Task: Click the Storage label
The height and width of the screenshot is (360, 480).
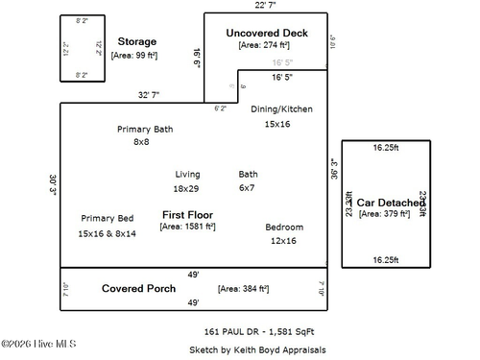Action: pyautogui.click(x=136, y=41)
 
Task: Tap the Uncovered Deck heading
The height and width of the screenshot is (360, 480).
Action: pyautogui.click(x=267, y=33)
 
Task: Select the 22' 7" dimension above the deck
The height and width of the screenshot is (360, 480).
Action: pyautogui.click(x=266, y=6)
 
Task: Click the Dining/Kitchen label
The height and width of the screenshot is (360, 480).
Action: pyautogui.click(x=281, y=109)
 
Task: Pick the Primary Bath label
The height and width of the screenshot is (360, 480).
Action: pyautogui.click(x=145, y=129)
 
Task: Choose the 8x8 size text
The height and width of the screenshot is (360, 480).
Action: pyautogui.click(x=141, y=142)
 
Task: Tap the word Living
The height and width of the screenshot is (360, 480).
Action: pyautogui.click(x=187, y=175)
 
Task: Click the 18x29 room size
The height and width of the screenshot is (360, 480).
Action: pyautogui.click(x=186, y=189)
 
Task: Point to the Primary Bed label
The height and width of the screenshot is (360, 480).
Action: pyautogui.click(x=108, y=219)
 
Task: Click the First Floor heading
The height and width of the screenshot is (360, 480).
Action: pyautogui.click(x=187, y=214)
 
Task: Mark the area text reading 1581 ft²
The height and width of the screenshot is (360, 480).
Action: pyautogui.click(x=187, y=228)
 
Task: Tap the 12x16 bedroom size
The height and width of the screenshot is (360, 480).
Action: pyautogui.click(x=283, y=241)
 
